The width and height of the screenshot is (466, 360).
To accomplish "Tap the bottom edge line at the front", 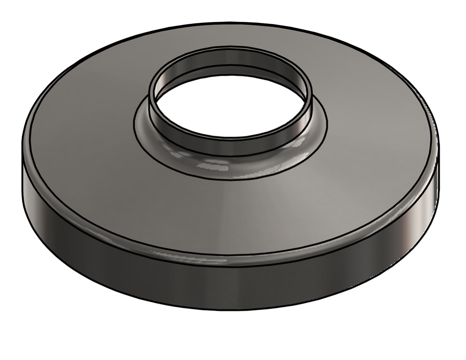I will click(x=231, y=310).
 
